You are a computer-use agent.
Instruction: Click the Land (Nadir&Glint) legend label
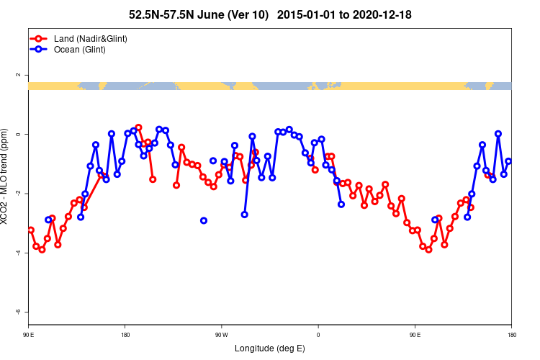(x=91, y=38)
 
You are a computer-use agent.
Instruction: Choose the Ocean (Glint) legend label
(x=80, y=49)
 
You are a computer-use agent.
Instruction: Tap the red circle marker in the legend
(x=38, y=38)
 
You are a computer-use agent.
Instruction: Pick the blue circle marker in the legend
(x=38, y=49)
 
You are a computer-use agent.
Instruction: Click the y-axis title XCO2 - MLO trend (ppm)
(x=6, y=176)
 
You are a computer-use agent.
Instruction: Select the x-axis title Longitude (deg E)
(x=270, y=348)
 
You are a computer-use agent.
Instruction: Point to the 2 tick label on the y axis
(x=19, y=75)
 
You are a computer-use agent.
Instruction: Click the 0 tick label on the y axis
(x=19, y=135)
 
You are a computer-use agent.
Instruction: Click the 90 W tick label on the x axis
(x=221, y=334)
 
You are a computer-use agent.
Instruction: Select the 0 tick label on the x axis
(x=318, y=334)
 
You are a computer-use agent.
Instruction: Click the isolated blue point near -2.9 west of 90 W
(x=204, y=220)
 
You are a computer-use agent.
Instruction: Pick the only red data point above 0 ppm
(x=138, y=127)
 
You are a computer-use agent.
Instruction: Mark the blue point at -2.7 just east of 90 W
(x=245, y=214)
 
